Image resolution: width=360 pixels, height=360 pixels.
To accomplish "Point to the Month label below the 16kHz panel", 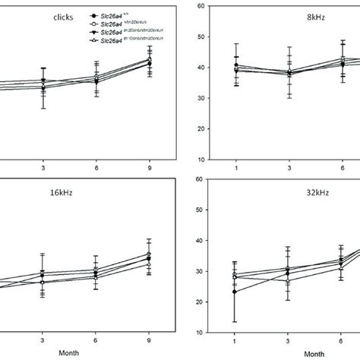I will coord(68,354).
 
